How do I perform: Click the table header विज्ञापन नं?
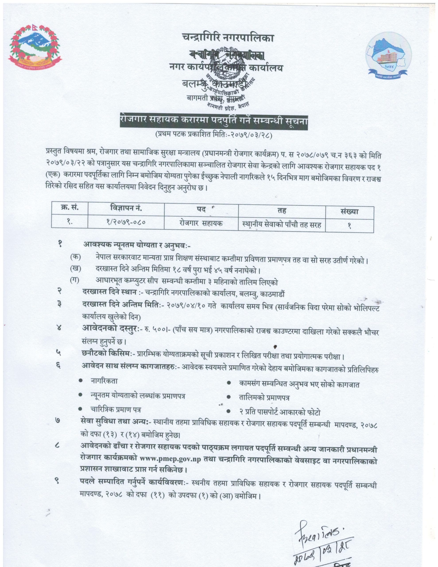(x=126, y=208)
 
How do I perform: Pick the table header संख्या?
(x=349, y=212)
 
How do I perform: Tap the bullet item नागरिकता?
(x=104, y=381)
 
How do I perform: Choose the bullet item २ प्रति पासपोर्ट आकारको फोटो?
(x=279, y=412)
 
